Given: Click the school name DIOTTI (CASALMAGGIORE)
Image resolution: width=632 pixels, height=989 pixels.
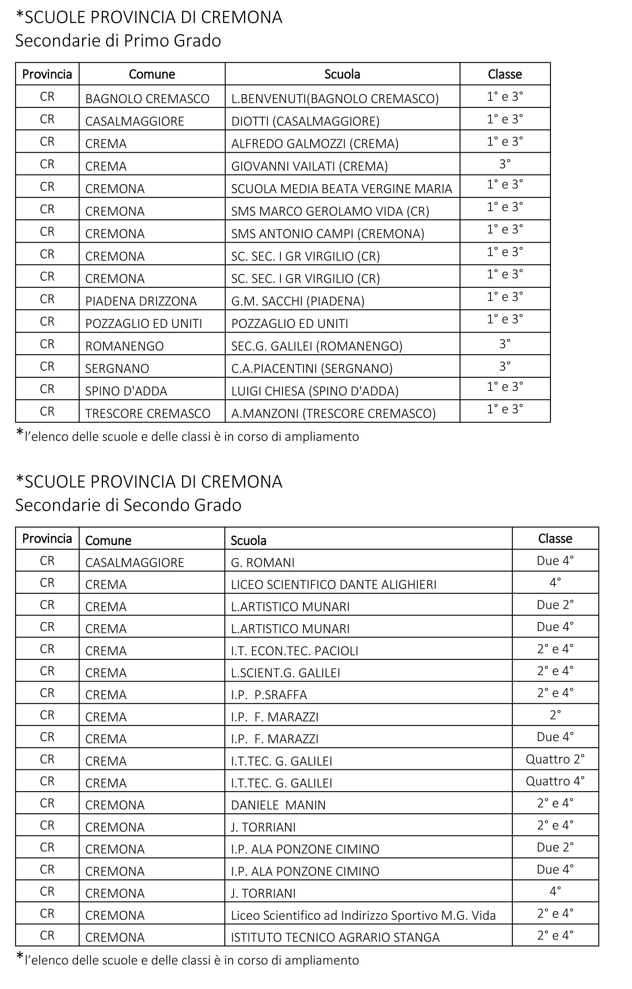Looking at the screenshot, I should coord(305,121).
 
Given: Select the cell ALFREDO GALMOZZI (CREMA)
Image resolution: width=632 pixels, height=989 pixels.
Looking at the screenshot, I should coord(315,144).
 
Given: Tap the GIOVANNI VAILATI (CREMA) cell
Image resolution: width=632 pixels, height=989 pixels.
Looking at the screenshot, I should coord(309,167).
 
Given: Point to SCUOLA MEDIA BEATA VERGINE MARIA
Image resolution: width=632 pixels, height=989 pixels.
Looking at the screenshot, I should coord(342,189).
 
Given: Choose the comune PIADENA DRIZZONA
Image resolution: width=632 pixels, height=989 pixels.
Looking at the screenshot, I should coord(141,301).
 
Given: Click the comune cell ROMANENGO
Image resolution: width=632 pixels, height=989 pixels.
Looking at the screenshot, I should coord(124,346).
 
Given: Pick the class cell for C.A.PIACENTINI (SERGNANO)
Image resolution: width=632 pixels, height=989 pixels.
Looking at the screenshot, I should coord(505,366).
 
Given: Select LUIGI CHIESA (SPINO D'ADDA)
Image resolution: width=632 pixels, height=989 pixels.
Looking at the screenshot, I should coord(315,391).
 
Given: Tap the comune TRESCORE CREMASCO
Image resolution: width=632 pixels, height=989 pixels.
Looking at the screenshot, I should coord(147,414).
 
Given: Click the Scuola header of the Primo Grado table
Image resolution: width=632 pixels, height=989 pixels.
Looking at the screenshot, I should coord(342,74).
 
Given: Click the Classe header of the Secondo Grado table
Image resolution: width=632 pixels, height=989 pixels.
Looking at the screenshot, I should coord(555,538).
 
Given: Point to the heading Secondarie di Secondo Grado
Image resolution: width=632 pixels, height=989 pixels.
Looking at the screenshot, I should coord(128,505).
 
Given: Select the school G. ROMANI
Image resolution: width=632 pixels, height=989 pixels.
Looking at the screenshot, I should coord(263,563).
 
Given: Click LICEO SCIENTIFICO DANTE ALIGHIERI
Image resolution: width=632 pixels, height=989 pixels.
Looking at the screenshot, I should coord(334,585).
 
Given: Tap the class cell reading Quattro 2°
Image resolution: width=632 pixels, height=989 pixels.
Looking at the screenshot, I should coord(555,759).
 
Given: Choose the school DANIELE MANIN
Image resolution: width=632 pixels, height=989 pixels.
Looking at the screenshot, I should coord(278,805).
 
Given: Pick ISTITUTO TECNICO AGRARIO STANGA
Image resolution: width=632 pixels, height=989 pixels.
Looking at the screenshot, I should coord(335,938).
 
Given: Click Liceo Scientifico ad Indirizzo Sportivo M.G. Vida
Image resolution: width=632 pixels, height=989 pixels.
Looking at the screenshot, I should coord(363,915).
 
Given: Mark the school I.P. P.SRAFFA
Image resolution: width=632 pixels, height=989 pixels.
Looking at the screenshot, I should coord(269,695).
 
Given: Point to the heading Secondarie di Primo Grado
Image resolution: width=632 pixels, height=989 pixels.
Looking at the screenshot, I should coord(118,41).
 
